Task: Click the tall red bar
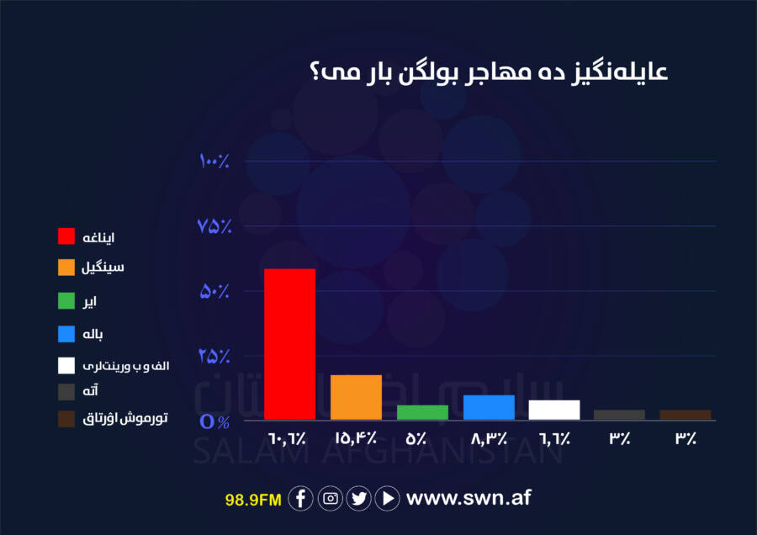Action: click(289, 344)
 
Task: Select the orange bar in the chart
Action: click(356, 397)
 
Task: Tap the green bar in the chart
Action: click(422, 412)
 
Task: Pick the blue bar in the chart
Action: click(489, 407)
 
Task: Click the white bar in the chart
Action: click(554, 410)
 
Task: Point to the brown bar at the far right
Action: click(686, 415)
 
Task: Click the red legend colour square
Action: click(66, 236)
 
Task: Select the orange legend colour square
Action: click(66, 267)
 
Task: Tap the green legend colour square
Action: click(66, 301)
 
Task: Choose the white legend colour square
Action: click(66, 366)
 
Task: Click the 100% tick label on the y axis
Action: click(214, 161)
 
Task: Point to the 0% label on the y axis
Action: click(214, 421)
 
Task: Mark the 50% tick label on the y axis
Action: click(214, 291)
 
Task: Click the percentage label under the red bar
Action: click(288, 438)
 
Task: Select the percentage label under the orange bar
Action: click(356, 438)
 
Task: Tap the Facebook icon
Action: click(300, 498)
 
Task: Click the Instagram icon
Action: click(331, 498)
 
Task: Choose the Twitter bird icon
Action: click(358, 498)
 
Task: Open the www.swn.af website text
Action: click(468, 498)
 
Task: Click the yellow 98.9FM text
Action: click(253, 500)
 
